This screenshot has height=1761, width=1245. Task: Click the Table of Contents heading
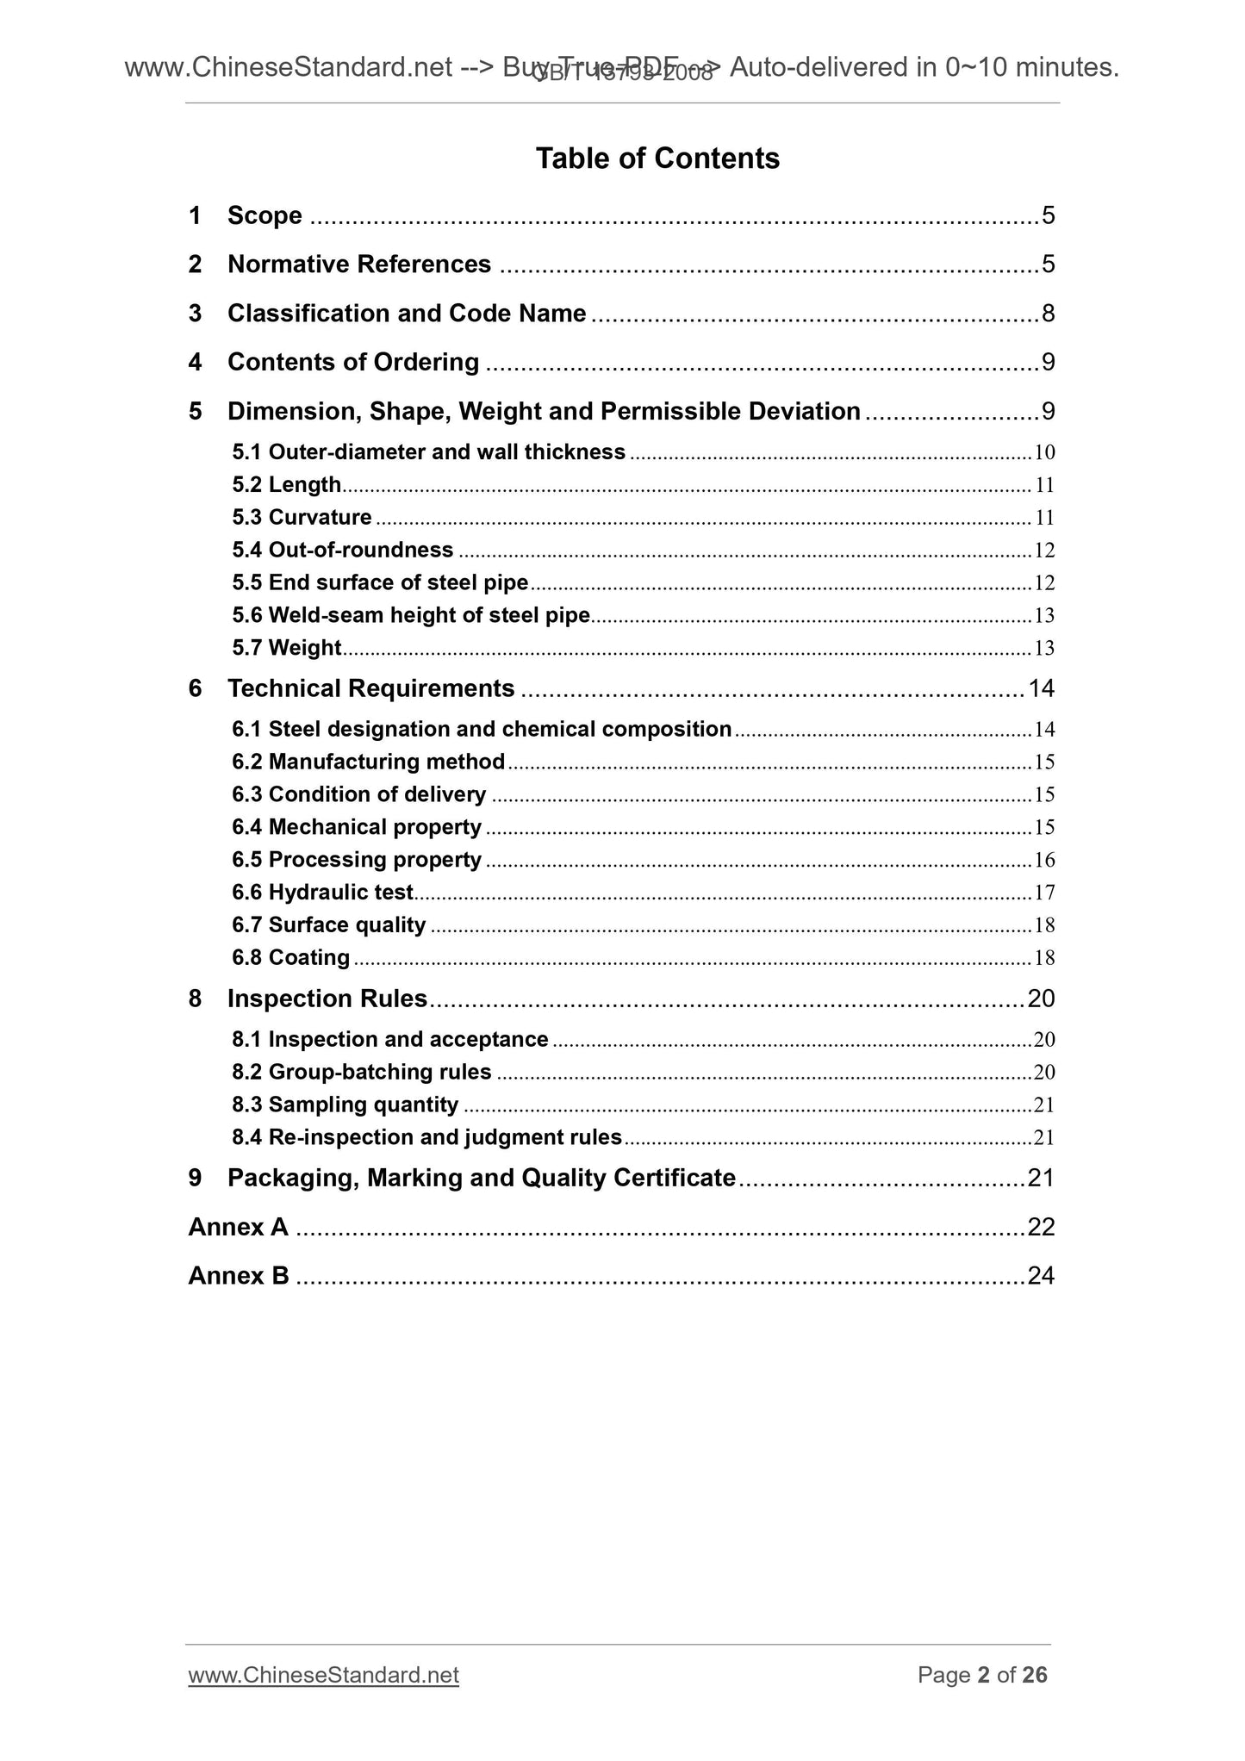click(657, 159)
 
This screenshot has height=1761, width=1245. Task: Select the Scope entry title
click(265, 215)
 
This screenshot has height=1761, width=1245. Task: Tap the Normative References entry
click(358, 264)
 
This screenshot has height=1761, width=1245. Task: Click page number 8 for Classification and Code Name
click(1048, 314)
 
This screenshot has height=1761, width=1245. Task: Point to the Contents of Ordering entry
click(352, 363)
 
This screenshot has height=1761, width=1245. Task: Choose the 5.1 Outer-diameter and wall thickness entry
click(429, 452)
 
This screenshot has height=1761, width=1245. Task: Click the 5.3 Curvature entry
click(302, 518)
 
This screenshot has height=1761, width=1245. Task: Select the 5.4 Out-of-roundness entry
click(343, 551)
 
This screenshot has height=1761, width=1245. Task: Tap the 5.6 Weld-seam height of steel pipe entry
click(411, 615)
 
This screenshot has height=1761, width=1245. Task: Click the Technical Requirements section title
click(370, 688)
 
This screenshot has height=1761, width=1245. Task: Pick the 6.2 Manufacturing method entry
click(369, 762)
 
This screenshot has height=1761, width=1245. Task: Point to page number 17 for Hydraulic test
click(1044, 893)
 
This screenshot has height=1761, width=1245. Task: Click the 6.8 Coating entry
click(291, 958)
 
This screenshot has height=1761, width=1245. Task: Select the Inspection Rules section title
click(327, 999)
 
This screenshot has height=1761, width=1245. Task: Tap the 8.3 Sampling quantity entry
click(345, 1105)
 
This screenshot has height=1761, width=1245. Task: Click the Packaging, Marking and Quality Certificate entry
click(481, 1178)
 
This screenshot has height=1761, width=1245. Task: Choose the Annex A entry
click(238, 1227)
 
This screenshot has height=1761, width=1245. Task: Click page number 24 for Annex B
click(1041, 1276)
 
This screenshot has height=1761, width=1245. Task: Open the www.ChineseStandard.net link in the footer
click(323, 1675)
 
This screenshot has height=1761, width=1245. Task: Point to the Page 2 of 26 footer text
click(982, 1675)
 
